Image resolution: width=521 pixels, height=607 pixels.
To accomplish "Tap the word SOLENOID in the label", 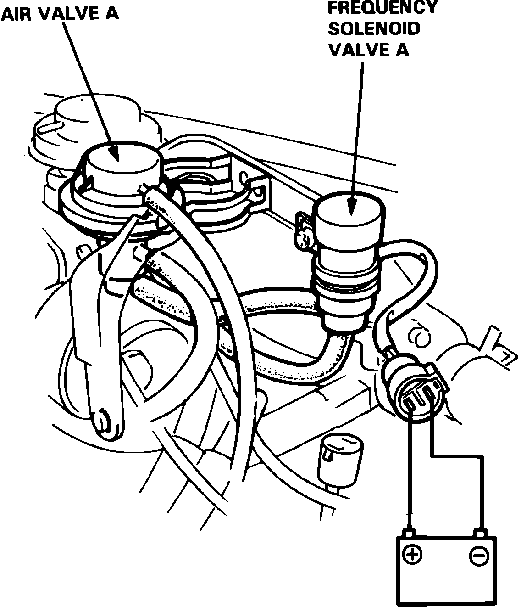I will pos(374,28).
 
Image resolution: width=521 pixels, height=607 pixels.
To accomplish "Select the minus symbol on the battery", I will pos(478,556).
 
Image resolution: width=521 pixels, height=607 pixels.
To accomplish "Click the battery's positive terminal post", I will pos(408,533).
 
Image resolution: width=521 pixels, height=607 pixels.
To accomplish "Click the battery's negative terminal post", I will pos(480,533).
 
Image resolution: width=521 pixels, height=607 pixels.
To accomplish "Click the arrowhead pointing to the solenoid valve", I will pos(352,207).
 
